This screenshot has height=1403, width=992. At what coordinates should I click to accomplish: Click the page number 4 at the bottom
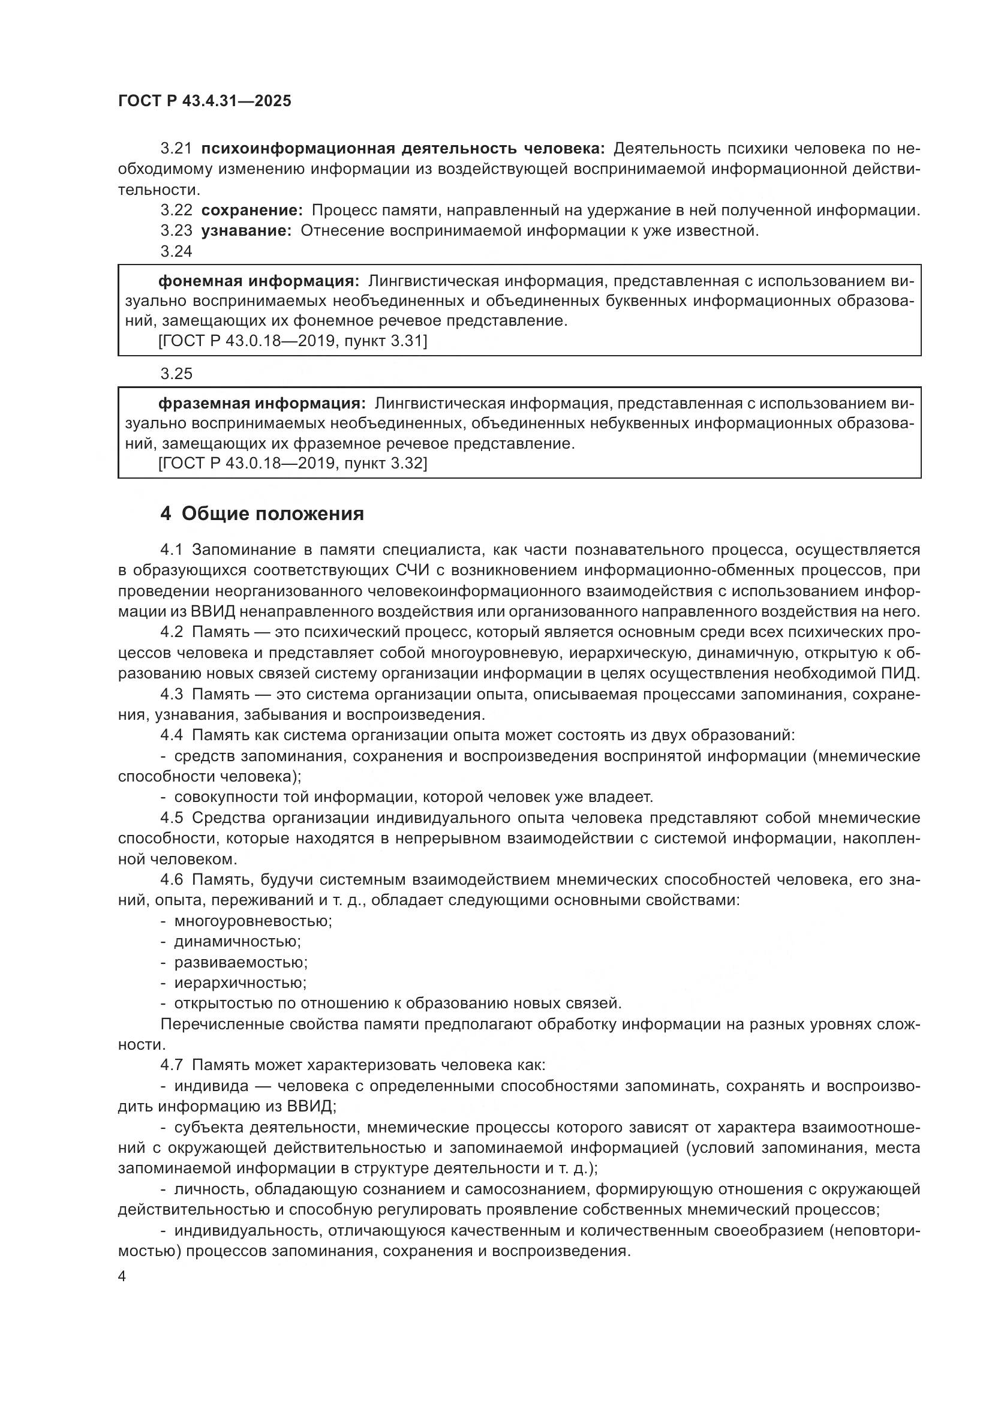[x=122, y=1276]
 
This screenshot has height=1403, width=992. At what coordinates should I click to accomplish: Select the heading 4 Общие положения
[x=262, y=514]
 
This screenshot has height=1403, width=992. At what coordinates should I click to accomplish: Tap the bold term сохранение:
[x=252, y=211]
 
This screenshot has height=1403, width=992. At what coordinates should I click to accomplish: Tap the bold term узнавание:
[x=246, y=231]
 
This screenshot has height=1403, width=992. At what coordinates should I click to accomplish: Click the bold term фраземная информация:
[x=262, y=403]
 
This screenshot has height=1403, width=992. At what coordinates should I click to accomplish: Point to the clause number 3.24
[x=176, y=251]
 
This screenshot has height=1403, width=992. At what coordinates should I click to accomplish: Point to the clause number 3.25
[x=176, y=373]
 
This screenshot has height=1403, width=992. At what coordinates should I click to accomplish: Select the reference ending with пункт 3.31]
[x=293, y=341]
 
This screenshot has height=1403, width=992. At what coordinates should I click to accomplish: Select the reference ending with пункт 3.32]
[x=293, y=463]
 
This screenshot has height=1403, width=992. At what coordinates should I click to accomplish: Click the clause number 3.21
[x=176, y=149]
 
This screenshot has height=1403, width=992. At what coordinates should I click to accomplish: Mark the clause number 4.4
[x=172, y=735]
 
